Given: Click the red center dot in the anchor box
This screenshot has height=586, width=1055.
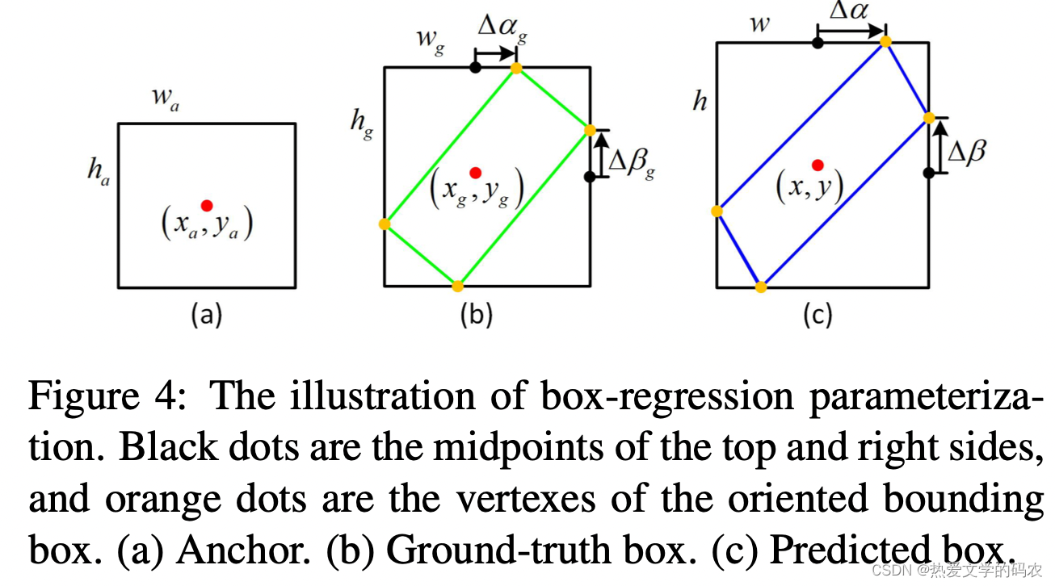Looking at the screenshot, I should click(207, 205).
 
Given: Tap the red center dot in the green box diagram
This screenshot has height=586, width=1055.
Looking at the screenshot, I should click(475, 172).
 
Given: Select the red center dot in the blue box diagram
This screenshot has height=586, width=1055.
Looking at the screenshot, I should click(818, 165).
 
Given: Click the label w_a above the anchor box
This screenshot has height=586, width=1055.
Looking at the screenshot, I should click(165, 100).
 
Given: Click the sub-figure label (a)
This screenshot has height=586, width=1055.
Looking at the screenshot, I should click(206, 315).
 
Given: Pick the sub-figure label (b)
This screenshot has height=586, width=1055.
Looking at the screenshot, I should click(476, 315).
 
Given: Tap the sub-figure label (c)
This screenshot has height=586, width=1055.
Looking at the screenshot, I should click(817, 315).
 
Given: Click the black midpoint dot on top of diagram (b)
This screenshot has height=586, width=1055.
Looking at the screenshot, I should click(476, 68).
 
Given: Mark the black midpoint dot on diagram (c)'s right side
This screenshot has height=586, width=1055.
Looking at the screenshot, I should click(929, 172).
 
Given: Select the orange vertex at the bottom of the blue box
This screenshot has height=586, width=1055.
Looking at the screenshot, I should click(760, 287).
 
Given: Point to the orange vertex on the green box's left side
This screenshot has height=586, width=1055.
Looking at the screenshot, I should click(385, 224).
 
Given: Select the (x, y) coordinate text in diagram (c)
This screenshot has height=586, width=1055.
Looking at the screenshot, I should click(809, 188).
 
